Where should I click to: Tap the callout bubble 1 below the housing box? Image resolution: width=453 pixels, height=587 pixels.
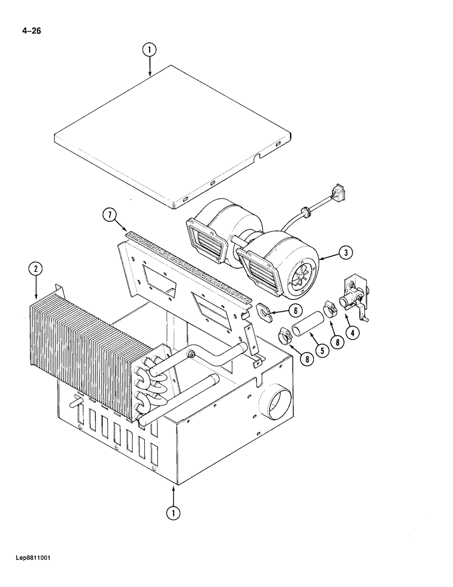(x=173, y=512)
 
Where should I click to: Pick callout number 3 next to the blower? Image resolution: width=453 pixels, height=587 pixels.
(x=346, y=253)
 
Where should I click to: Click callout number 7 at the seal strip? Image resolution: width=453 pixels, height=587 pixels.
(x=110, y=215)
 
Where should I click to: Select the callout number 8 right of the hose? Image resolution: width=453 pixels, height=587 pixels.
(x=339, y=341)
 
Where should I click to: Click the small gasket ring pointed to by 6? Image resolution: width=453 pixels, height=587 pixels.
(x=263, y=311)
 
